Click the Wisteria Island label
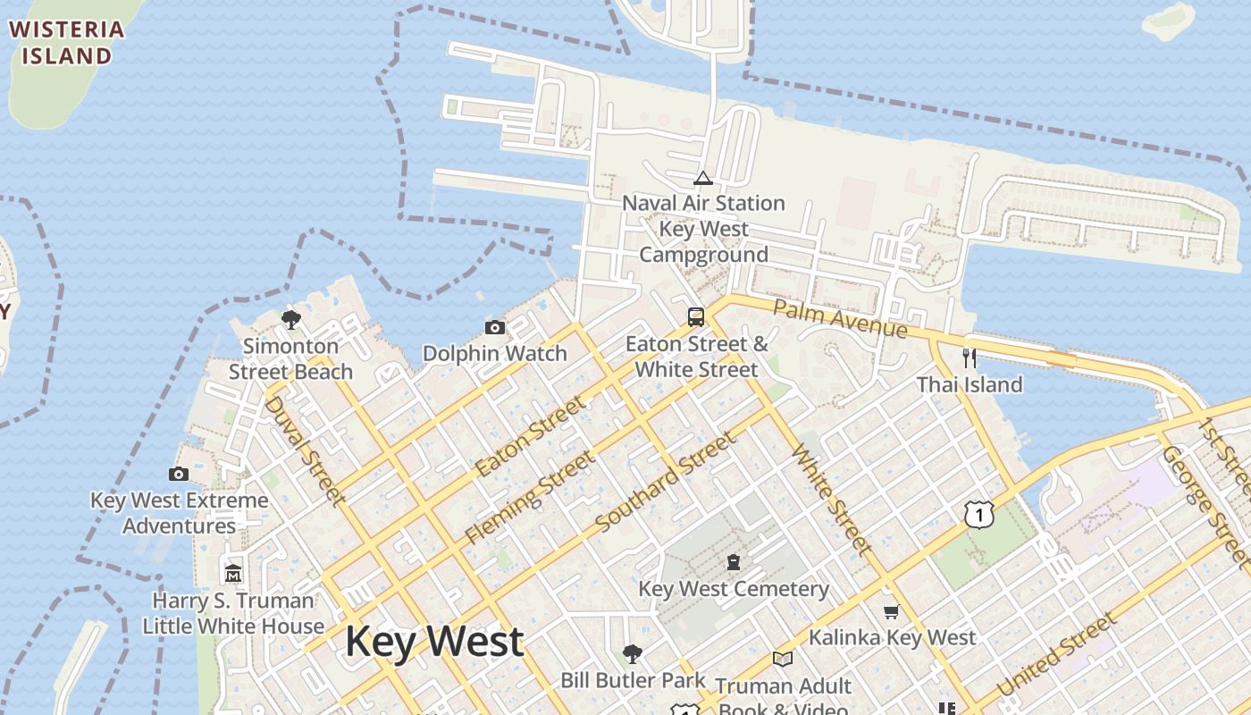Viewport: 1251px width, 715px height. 66,42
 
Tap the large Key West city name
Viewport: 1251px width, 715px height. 434,642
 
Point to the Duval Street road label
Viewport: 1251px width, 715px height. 305,450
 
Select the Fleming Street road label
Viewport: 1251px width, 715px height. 529,498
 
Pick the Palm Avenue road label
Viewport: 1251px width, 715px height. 840,319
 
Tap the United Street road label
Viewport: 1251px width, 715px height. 1056,654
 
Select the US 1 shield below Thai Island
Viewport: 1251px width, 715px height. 979,514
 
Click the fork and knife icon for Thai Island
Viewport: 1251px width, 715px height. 970,357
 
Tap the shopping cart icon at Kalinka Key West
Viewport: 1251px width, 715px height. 891,611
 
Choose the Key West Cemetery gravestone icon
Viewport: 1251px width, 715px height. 734,562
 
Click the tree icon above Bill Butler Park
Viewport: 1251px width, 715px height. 633,653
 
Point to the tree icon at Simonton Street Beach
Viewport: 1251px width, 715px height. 290,319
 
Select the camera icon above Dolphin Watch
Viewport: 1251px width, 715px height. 495,327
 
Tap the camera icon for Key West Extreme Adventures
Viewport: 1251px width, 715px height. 179,474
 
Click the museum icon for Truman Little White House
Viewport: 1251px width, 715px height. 233,573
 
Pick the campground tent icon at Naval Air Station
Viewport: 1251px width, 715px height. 703,177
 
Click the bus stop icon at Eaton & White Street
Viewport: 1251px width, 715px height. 696,316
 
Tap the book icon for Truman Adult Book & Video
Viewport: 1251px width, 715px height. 783,660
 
